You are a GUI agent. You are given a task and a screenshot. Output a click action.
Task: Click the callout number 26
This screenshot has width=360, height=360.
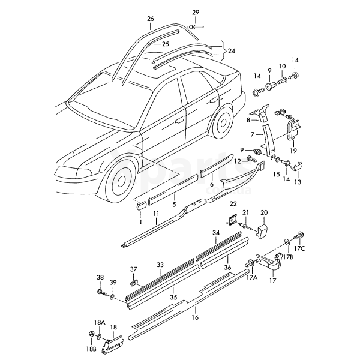pos(150,19)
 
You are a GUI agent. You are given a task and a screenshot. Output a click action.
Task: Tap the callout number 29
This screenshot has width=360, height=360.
pos(196,13)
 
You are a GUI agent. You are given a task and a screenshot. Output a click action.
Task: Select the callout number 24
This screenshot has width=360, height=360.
pos(232,51)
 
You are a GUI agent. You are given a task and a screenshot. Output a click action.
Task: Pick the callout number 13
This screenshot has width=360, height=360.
pos(298,182)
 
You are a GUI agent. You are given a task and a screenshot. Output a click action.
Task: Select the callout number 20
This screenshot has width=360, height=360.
pos(264,212)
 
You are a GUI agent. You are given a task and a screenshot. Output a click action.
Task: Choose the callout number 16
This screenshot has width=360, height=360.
pos(195,318)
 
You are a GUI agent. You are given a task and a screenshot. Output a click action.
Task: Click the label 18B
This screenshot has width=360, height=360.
pos(90,349)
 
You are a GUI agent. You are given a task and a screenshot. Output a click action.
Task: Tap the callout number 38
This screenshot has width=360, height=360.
pos(100,277)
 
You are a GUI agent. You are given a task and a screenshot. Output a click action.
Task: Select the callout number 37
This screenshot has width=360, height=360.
pos(134,269)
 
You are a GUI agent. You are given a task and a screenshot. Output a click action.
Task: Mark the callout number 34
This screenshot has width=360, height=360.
pos(216,233)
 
